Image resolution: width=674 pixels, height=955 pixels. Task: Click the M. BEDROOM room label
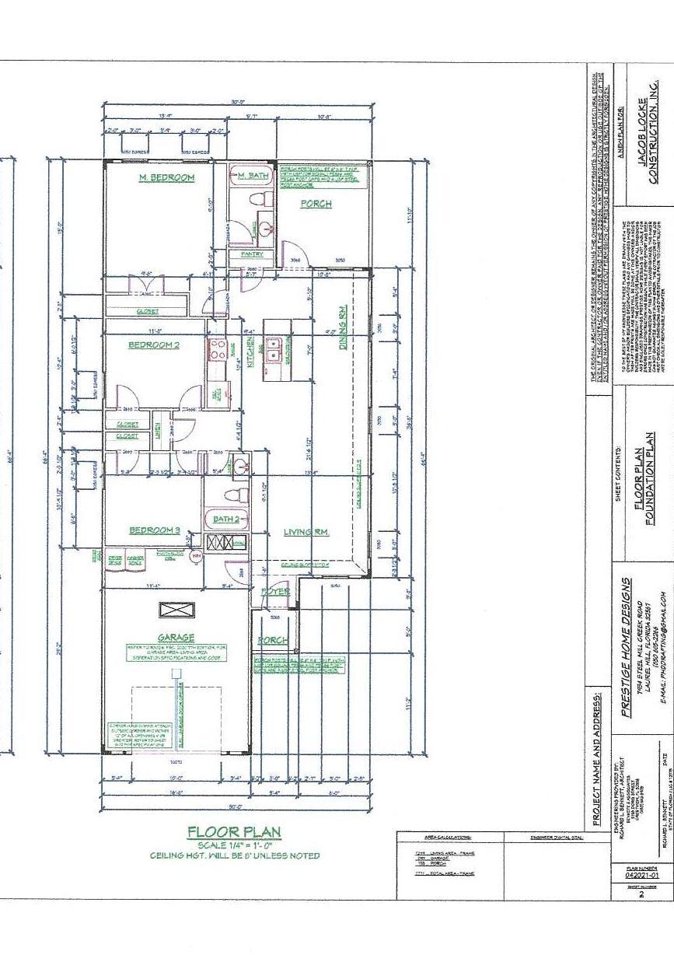(x=166, y=178)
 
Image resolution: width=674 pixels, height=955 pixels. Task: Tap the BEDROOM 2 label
(x=154, y=345)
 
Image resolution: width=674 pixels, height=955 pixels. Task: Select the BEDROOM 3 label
(x=155, y=530)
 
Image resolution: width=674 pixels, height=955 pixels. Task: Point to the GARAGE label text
(x=176, y=637)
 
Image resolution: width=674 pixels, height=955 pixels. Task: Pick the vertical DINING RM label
(x=342, y=327)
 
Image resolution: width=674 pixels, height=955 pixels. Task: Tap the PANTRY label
(x=252, y=254)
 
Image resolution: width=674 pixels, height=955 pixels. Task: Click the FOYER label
(x=277, y=592)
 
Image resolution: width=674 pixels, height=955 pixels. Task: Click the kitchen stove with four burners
(x=217, y=348)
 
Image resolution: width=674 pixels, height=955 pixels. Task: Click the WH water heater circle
(x=197, y=557)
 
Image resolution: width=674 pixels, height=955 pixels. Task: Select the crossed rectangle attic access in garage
(x=176, y=610)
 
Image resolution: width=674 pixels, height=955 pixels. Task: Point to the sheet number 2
(x=641, y=895)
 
